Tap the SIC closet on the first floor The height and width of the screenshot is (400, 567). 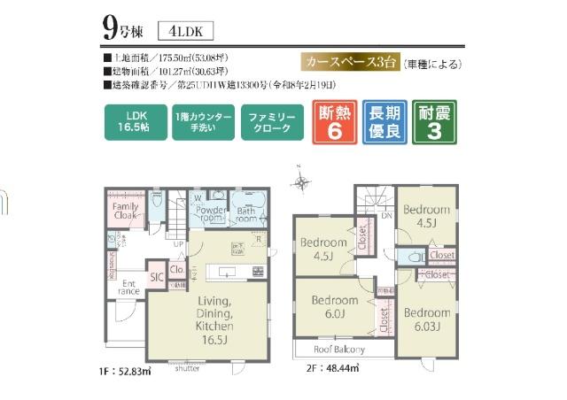(x=157, y=277)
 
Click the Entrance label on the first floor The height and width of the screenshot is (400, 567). (x=129, y=286)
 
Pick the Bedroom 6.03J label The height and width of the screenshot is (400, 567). (x=428, y=320)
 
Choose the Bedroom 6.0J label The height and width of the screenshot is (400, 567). (x=334, y=306)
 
